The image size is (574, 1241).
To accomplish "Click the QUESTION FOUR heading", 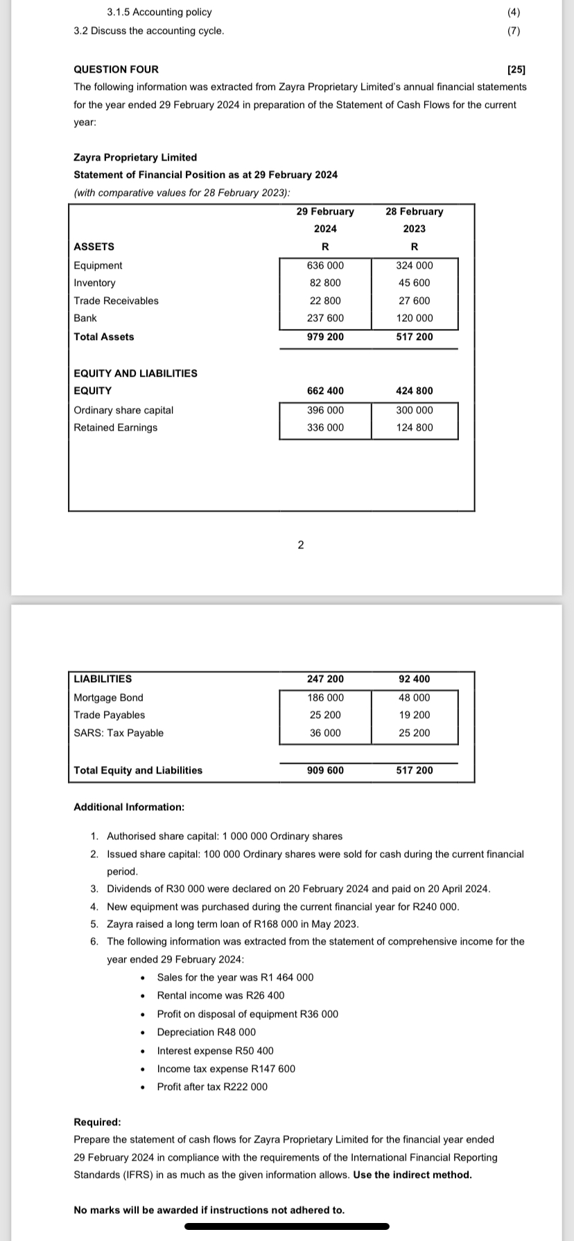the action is coord(116,69).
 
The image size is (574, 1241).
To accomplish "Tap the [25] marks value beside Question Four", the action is coord(516,69).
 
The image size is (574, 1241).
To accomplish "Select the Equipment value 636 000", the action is coord(325,265).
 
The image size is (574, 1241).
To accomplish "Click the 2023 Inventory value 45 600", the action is coord(414,283).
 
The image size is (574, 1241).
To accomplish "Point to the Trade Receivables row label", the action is coord(116,301).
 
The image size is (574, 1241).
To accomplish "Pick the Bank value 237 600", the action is coord(325,318).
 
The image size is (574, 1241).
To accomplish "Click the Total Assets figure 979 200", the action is coord(325,337).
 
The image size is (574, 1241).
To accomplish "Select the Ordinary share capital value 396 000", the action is coord(325,410).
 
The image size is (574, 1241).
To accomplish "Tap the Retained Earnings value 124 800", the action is coord(414,427).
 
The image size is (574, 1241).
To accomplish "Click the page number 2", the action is coord(300,545).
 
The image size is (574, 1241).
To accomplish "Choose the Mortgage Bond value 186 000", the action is coord(325,697).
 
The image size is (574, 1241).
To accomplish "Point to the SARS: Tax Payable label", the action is coord(119,733).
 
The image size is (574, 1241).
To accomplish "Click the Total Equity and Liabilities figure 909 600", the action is coord(325,770).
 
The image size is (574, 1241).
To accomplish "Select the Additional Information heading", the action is coord(129,807).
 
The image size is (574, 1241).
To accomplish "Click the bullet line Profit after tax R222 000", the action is coord(212,1087).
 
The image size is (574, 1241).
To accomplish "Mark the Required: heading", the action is coord(97,1122).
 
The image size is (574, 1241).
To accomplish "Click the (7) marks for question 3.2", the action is coord(513,30).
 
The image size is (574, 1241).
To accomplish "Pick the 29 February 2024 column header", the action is coord(325,220).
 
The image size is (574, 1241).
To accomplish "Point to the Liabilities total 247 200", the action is coord(325,679).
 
